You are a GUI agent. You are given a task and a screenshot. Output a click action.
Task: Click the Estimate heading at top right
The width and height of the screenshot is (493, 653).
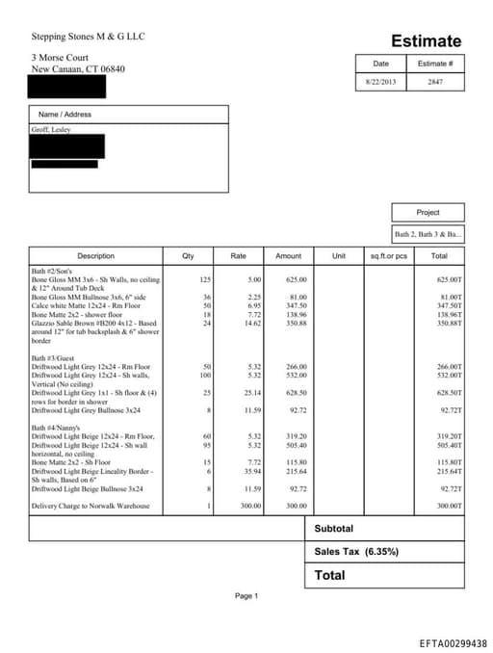coord(426,41)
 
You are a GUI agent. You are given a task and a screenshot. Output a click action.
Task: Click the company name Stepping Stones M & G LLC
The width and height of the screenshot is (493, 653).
coord(89,37)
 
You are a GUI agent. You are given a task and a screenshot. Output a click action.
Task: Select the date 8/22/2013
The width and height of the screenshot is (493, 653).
coord(381,82)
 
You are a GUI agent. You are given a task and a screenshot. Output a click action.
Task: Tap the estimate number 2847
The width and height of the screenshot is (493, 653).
coord(434,82)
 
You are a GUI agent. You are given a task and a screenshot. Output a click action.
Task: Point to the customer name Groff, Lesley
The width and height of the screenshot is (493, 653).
coord(50,129)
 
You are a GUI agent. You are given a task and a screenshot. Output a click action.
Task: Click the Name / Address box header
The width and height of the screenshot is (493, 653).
coord(65,115)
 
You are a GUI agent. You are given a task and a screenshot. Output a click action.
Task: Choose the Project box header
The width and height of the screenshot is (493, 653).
coord(428,212)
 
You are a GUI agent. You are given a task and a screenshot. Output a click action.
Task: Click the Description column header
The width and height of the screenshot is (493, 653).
coord(95,256)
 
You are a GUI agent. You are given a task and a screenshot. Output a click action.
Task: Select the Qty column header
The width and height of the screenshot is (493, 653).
coord(188,256)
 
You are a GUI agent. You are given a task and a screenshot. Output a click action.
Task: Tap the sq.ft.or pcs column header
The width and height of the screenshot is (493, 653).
coord(389,256)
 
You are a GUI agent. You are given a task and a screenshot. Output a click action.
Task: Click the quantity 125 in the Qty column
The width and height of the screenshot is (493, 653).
coord(205,279)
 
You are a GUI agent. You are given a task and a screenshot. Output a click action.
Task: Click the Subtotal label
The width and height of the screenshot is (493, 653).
coord(334,529)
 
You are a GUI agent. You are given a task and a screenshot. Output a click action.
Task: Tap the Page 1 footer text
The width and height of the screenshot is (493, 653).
coord(246,596)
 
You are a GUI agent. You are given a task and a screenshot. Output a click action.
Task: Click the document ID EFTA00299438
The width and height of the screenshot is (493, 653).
coord(453,642)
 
